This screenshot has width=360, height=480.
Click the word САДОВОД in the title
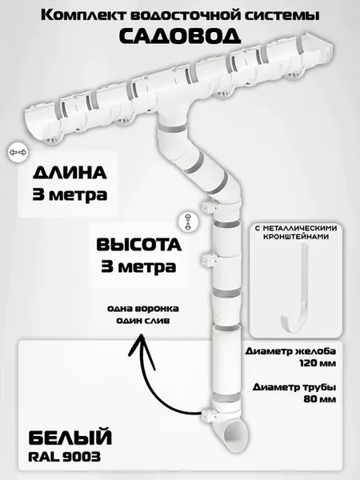180,36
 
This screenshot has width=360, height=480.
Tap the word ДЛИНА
70,173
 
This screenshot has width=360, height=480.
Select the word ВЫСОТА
139,245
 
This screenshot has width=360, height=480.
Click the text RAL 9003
64,458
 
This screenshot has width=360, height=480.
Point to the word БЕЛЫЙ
70,438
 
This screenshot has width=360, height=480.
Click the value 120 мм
318,363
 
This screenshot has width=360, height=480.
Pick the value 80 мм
319,399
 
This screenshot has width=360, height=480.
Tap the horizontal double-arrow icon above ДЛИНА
18,152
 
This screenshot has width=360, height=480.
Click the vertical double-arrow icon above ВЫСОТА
187,222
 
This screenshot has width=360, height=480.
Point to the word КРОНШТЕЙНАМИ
296,237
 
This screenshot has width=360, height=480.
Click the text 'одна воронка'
143,309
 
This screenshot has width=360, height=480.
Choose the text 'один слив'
143,321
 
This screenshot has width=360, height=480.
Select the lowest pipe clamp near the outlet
210,414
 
